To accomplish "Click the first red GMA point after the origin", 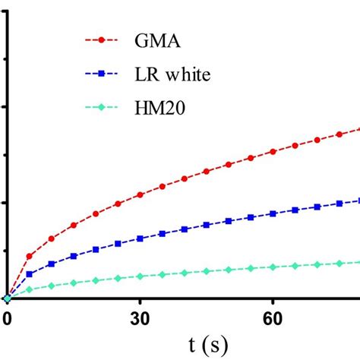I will (x=29, y=257).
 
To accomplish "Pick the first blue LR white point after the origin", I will (x=29, y=274).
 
